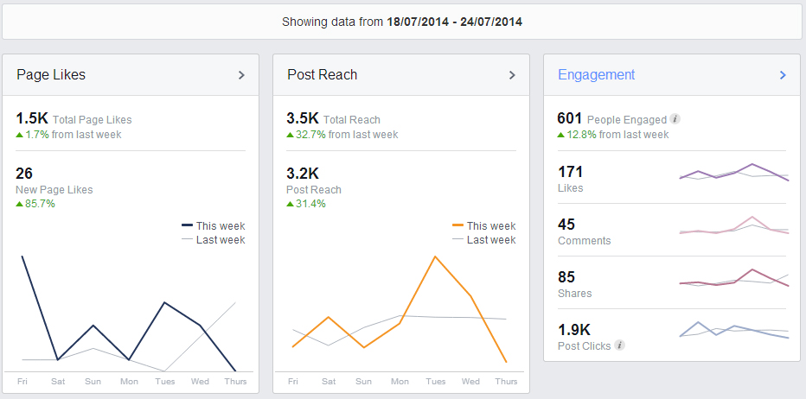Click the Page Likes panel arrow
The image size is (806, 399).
pyautogui.click(x=241, y=75)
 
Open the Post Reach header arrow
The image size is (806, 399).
pyautogui.click(x=512, y=75)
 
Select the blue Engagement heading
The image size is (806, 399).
pyautogui.click(x=597, y=74)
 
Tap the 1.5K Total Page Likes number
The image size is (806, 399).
pyautogui.click(x=32, y=119)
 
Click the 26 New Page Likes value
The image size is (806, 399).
pyautogui.click(x=24, y=174)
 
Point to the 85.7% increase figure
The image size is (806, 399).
pyautogui.click(x=40, y=204)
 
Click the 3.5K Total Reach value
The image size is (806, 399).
pyautogui.click(x=303, y=119)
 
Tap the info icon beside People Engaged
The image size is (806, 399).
pyautogui.click(x=675, y=119)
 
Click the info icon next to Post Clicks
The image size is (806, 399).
pyautogui.click(x=619, y=345)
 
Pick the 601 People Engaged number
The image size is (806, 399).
pyautogui.click(x=570, y=119)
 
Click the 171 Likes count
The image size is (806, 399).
pyautogui.click(x=571, y=172)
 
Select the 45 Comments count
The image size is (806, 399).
pyautogui.click(x=566, y=225)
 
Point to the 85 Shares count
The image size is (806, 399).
pyautogui.click(x=566, y=277)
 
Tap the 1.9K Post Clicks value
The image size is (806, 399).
pyautogui.click(x=574, y=330)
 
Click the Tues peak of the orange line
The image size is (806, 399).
pyautogui.click(x=435, y=256)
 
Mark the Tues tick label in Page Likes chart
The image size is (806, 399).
pyautogui.click(x=164, y=381)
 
